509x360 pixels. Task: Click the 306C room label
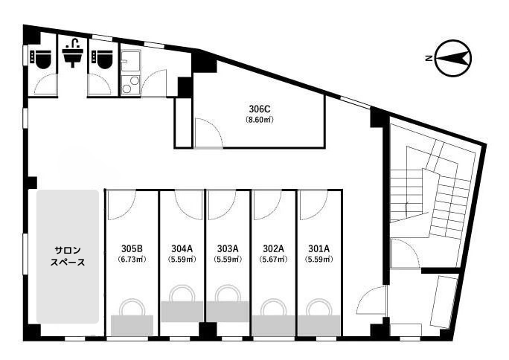[x=260, y=109]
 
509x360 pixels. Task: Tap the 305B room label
[x=132, y=248]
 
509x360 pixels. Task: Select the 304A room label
[x=182, y=248]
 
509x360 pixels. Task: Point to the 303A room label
[x=228, y=248]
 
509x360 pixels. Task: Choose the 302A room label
[x=273, y=248]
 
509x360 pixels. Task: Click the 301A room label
[x=319, y=248]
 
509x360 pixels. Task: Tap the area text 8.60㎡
[x=260, y=120]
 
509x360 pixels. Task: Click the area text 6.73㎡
[x=132, y=260]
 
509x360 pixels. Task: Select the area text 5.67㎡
[x=273, y=260]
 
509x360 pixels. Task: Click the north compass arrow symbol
[x=453, y=58]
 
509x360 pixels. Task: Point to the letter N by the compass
[x=429, y=59]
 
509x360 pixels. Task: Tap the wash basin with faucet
[x=73, y=53]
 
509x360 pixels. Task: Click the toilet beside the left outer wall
[x=41, y=59]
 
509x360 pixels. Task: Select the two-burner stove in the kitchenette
[x=130, y=85]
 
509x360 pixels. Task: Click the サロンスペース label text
[x=68, y=256]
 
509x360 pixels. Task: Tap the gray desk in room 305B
[x=132, y=325]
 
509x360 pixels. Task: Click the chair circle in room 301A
[x=319, y=307]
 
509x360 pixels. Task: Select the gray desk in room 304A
[x=182, y=312]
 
